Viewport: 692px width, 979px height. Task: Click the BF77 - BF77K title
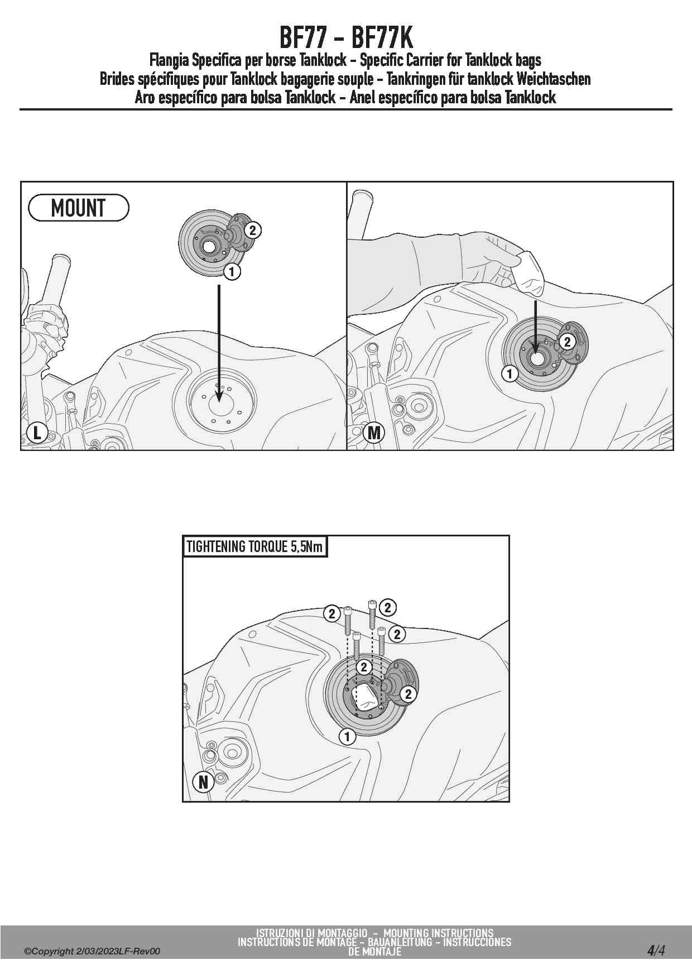346,38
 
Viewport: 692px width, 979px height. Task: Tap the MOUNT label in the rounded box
78,208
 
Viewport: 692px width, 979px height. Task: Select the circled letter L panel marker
37,433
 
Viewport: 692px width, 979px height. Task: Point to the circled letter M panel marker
374,433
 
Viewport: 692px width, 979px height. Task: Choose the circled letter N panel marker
203,782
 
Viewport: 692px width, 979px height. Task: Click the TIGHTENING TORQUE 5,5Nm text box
254,546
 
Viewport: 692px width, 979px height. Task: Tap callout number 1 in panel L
232,272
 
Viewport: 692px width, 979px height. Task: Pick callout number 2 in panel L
252,230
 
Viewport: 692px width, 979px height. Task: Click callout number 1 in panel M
510,373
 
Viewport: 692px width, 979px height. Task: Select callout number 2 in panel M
567,342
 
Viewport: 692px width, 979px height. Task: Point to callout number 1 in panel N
347,737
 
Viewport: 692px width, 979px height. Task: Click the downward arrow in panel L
219,343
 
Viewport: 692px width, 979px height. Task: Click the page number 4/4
656,950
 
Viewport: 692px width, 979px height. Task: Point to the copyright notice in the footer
92,951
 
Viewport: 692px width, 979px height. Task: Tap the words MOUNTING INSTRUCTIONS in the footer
438,933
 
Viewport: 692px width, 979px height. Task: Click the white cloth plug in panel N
366,698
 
